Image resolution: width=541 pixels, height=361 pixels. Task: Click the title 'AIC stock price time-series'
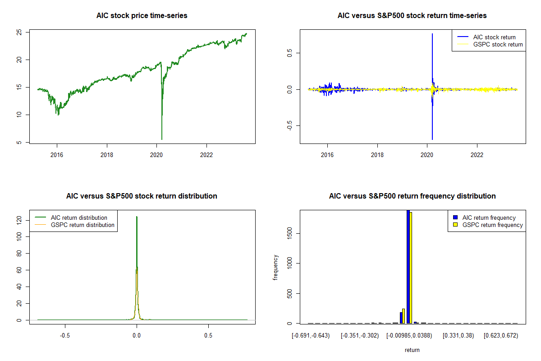pyautogui.click(x=142, y=16)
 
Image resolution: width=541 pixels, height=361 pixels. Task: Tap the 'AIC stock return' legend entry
pyautogui.click(x=494, y=37)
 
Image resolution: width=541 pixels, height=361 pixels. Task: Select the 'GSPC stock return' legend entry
pyautogui.click(x=498, y=44)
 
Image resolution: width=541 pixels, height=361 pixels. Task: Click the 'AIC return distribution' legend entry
pyautogui.click(x=79, y=218)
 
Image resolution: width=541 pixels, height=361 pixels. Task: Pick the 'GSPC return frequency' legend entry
pyautogui.click(x=492, y=225)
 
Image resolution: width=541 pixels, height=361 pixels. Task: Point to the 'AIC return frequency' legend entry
pyautogui.click(x=489, y=218)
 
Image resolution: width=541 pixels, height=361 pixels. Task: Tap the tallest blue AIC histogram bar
pyautogui.click(x=408, y=266)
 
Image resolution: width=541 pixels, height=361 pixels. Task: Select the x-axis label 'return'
pyautogui.click(x=412, y=350)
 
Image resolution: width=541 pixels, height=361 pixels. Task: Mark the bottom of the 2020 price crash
pyautogui.click(x=162, y=139)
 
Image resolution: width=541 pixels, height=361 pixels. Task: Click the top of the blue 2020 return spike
pyautogui.click(x=432, y=34)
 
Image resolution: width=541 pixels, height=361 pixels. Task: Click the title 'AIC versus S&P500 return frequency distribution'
pyautogui.click(x=412, y=196)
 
